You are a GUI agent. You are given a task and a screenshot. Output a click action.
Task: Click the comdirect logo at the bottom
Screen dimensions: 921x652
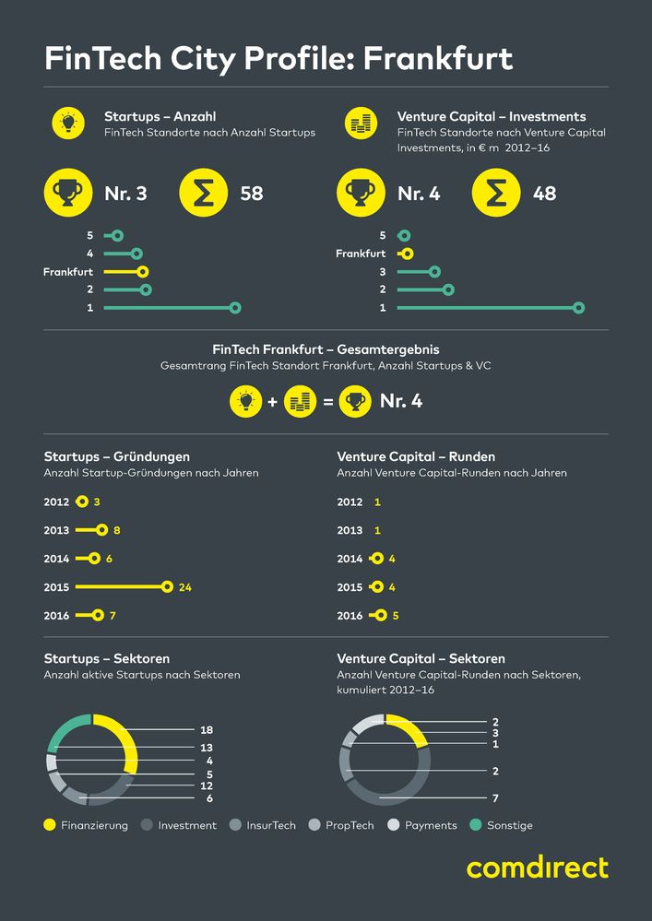(x=537, y=868)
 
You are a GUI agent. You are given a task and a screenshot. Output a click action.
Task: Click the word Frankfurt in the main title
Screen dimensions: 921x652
(x=438, y=59)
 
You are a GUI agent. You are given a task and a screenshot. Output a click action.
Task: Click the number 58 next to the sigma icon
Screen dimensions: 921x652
(x=251, y=194)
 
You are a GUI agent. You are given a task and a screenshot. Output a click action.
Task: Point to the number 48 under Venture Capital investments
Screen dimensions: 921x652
(x=544, y=194)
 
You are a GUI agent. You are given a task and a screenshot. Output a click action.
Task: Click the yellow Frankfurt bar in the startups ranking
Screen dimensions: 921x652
(x=123, y=272)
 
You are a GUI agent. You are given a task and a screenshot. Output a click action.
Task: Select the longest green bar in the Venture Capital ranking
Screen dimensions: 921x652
(x=487, y=308)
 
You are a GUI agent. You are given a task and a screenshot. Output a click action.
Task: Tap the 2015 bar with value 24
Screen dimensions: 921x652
(x=121, y=586)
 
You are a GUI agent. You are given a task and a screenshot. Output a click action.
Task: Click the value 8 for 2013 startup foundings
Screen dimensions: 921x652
(x=117, y=531)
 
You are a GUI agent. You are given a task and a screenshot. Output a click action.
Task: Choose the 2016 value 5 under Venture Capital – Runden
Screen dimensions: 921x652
(x=396, y=616)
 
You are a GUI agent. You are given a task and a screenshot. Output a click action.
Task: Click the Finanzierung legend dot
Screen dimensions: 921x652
(x=50, y=825)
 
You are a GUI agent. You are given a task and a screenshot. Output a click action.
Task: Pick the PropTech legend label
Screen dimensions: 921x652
(x=350, y=825)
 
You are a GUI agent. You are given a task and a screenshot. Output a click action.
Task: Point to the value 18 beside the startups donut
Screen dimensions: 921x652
(x=207, y=730)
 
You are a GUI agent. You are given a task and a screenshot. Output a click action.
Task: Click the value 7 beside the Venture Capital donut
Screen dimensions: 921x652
(x=495, y=797)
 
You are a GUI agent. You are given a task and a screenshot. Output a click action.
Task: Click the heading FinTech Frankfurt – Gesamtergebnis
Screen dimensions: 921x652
(x=326, y=350)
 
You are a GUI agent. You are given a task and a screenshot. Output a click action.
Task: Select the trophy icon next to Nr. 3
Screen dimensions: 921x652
(x=69, y=194)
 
